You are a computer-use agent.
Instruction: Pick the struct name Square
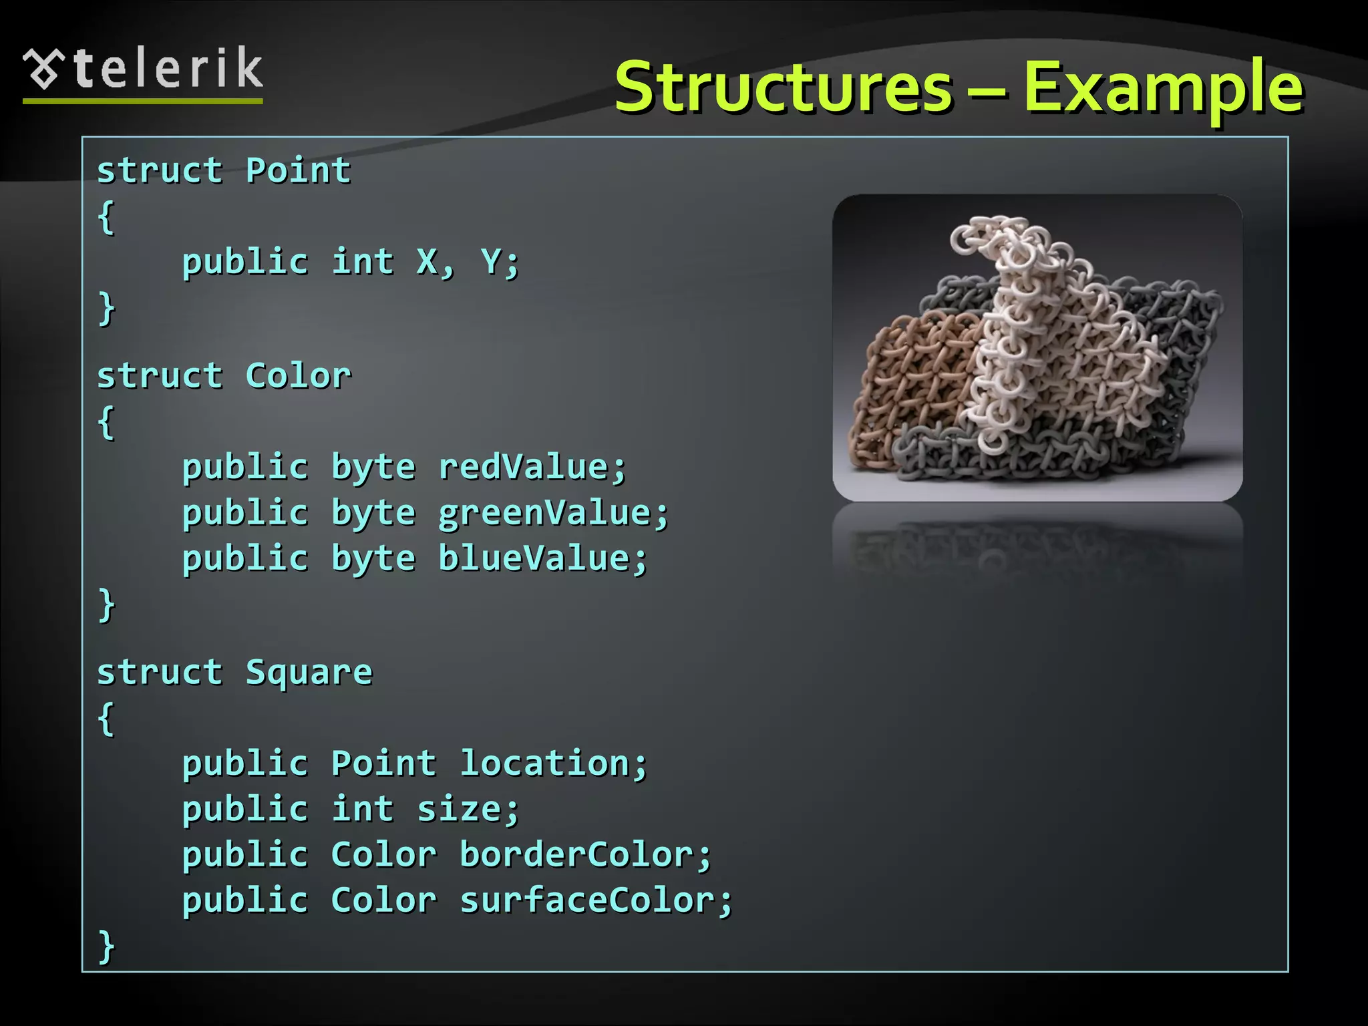(x=309, y=673)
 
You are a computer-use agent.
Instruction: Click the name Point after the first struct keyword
(x=298, y=170)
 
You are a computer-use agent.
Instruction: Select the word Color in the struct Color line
(x=298, y=375)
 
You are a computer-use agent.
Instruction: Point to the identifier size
(x=460, y=810)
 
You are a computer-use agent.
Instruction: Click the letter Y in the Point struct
(x=491, y=261)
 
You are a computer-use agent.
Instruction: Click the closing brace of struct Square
(x=106, y=946)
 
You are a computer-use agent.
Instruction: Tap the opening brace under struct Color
(x=106, y=422)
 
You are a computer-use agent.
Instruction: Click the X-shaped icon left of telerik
(x=43, y=68)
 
